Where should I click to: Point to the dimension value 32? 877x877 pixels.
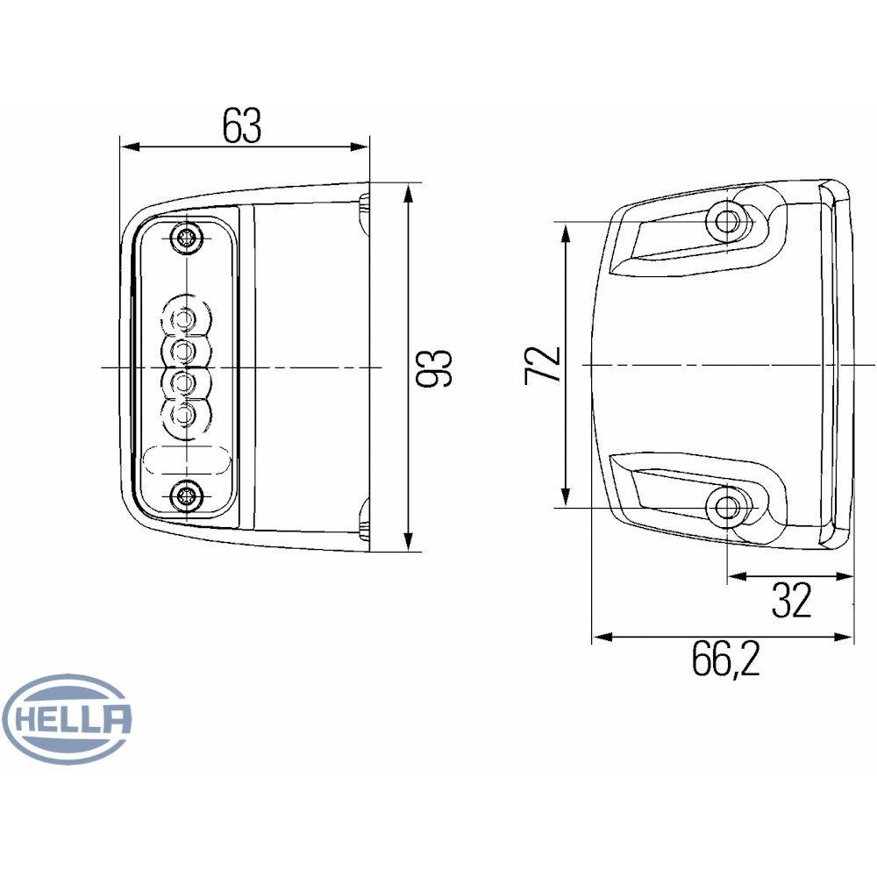(791, 601)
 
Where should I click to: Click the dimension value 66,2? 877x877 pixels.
(724, 660)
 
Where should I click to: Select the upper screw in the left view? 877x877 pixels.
(186, 237)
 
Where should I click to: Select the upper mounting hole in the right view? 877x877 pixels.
(726, 221)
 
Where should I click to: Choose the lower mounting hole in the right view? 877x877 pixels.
(726, 506)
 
